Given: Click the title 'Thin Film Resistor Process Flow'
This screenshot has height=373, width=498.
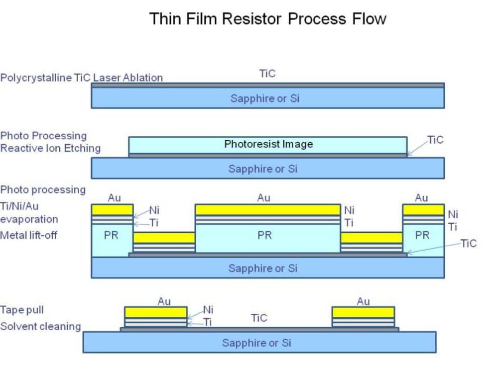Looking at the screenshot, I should pyautogui.click(x=267, y=19).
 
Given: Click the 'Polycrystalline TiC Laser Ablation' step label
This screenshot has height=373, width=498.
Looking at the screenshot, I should pyautogui.click(x=82, y=78).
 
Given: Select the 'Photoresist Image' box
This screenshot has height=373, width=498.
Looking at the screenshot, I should pyautogui.click(x=268, y=144).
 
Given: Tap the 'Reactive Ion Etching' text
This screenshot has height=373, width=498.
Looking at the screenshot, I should pyautogui.click(x=50, y=148).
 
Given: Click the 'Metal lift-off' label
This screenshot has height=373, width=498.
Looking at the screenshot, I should pyautogui.click(x=29, y=235).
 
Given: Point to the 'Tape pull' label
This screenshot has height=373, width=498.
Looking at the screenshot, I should pyautogui.click(x=22, y=310).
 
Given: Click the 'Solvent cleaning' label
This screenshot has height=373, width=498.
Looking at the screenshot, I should pyautogui.click(x=40, y=327).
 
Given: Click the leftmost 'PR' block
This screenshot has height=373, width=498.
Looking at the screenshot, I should pyautogui.click(x=111, y=235).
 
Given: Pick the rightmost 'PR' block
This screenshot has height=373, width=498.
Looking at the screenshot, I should pyautogui.click(x=422, y=235).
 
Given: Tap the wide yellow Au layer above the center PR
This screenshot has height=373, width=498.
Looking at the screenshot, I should pyautogui.click(x=267, y=210).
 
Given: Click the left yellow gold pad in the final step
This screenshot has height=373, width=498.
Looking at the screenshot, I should pyautogui.click(x=155, y=312).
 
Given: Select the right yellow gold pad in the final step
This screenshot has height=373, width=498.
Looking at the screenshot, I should pyautogui.click(x=363, y=312).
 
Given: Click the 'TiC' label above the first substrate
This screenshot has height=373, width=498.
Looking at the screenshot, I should pyautogui.click(x=267, y=74).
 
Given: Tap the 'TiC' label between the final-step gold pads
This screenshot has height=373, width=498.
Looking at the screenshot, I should pyautogui.click(x=259, y=318).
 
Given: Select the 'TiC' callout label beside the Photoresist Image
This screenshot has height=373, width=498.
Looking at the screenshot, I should pyautogui.click(x=435, y=140).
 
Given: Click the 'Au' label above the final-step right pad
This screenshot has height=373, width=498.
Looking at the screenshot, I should pyautogui.click(x=364, y=301).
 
